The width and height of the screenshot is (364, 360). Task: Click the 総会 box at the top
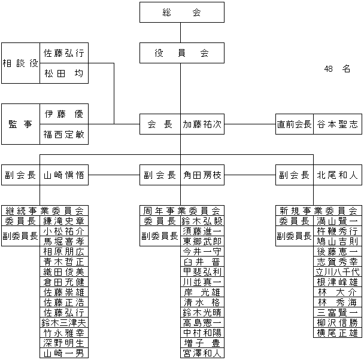[x=181, y=12]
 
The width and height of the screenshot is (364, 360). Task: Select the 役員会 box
[x=181, y=53]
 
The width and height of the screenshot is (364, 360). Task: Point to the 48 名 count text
[x=336, y=69]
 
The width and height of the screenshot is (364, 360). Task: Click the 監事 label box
[x=21, y=124]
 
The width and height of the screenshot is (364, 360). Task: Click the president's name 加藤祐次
[x=202, y=124]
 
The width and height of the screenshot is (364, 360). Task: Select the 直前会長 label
[x=294, y=124]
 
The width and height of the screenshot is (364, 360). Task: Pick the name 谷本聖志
[x=337, y=124]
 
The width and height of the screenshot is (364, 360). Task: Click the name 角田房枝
[x=202, y=175]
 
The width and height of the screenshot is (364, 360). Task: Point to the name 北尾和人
[x=337, y=175]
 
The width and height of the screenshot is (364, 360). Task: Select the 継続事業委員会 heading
[x=45, y=210]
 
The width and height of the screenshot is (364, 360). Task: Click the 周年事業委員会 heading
[x=181, y=210]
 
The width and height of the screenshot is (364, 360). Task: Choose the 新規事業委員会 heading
[x=318, y=210]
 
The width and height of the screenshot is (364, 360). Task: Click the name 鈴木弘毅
[x=202, y=221]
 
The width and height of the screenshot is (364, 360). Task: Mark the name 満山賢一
[x=337, y=221]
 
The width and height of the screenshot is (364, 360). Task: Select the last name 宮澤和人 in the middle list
[x=202, y=353]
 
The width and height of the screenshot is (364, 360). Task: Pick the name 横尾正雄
[x=337, y=332]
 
